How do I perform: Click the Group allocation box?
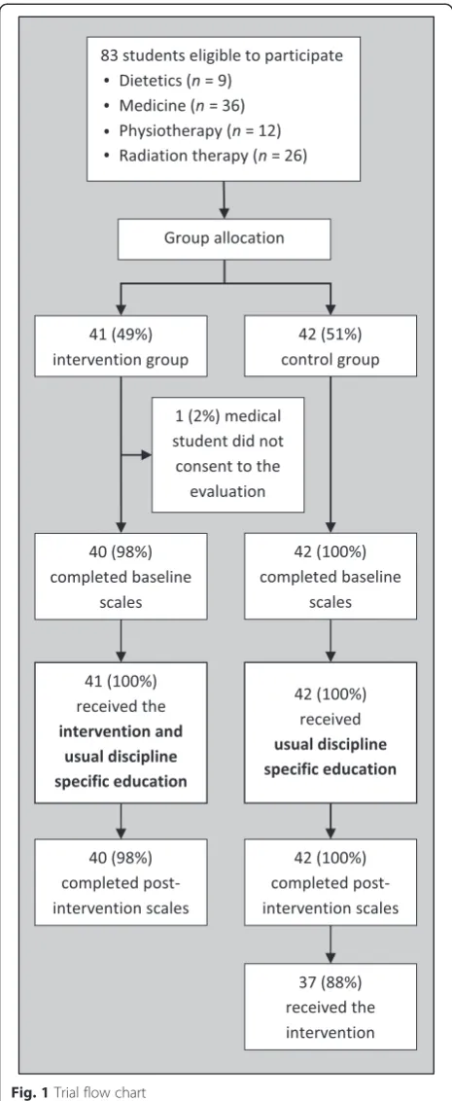pos(225,237)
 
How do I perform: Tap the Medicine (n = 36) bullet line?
pos(176,106)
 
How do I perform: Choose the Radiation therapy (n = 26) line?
pos(199,156)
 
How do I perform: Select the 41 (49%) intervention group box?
pos(122,345)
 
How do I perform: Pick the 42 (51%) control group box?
pos(330,345)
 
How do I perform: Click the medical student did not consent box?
pos(228,454)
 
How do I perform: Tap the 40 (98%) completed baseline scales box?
pos(122,577)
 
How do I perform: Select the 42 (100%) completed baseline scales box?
pos(330,577)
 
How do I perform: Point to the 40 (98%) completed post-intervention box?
pos(122,881)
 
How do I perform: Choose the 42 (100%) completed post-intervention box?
pos(330,881)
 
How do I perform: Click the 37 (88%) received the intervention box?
pos(330,1007)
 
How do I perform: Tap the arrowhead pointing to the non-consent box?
pos(148,454)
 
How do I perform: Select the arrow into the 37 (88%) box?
pos(330,943)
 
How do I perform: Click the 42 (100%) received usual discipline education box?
pos(330,732)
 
